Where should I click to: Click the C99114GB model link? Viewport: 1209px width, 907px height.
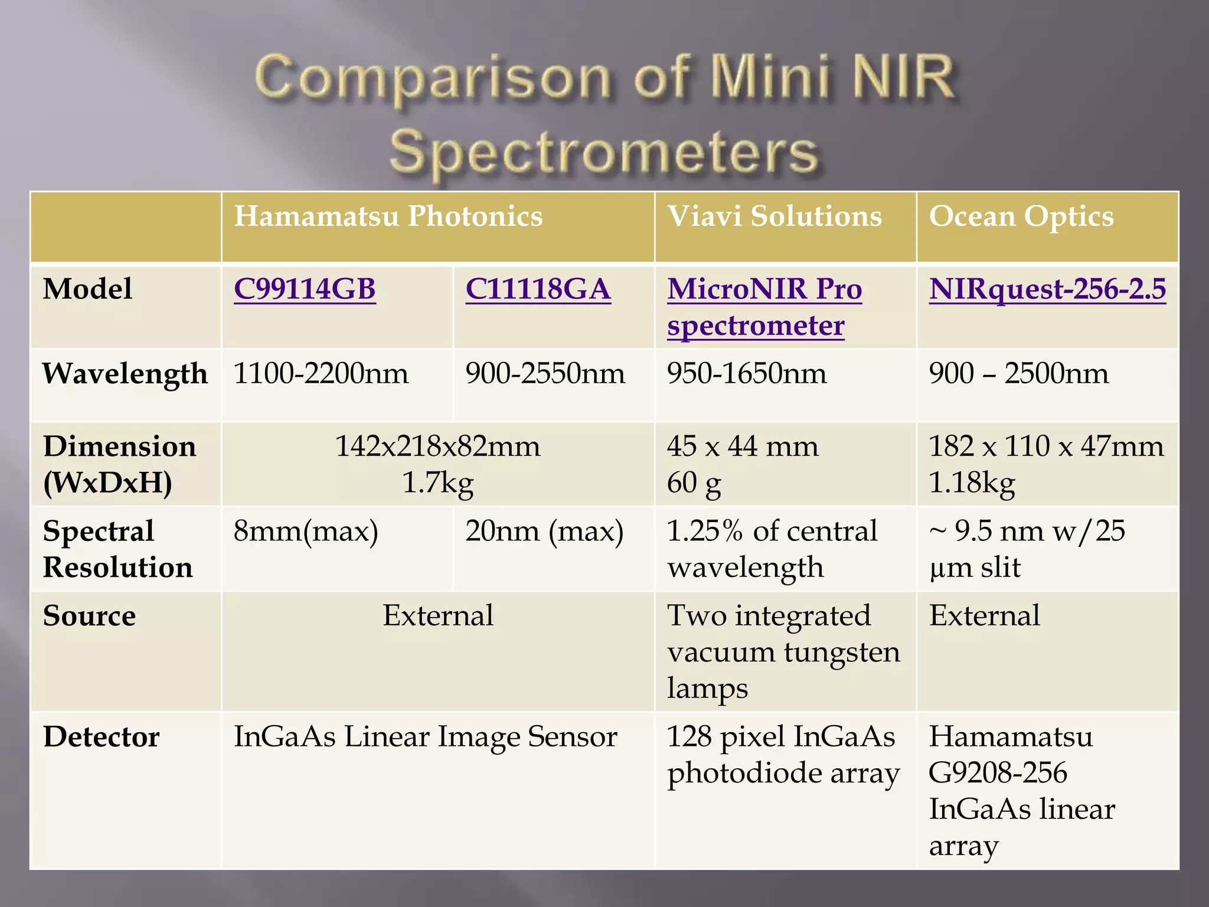click(x=305, y=289)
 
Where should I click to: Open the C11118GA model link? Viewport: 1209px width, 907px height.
click(x=538, y=289)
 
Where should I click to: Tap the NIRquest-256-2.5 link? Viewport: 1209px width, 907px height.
click(x=1047, y=289)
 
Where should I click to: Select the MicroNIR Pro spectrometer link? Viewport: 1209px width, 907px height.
click(x=764, y=307)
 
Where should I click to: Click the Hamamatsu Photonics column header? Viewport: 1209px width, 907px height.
click(x=388, y=216)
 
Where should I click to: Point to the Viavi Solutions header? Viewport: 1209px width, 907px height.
click(x=775, y=216)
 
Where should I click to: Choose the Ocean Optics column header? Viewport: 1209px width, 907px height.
click(x=1021, y=216)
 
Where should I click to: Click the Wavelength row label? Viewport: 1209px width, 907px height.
click(x=125, y=374)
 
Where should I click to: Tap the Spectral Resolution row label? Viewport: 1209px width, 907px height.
click(x=117, y=549)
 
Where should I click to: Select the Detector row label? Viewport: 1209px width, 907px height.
click(x=101, y=737)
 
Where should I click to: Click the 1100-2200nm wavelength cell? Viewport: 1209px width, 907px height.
click(x=321, y=374)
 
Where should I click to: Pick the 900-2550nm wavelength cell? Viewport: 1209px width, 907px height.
click(x=545, y=374)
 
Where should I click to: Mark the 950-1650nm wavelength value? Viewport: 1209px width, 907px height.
click(x=746, y=374)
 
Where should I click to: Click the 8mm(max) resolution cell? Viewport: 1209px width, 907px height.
click(x=306, y=531)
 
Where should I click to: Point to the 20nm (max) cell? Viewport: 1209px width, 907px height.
click(x=544, y=531)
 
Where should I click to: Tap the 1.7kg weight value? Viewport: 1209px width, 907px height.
click(x=437, y=483)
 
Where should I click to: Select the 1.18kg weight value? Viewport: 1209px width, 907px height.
click(x=972, y=483)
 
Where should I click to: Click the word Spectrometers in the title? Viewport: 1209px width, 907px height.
click(x=604, y=152)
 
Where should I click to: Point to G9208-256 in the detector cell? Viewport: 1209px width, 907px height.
click(x=998, y=773)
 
